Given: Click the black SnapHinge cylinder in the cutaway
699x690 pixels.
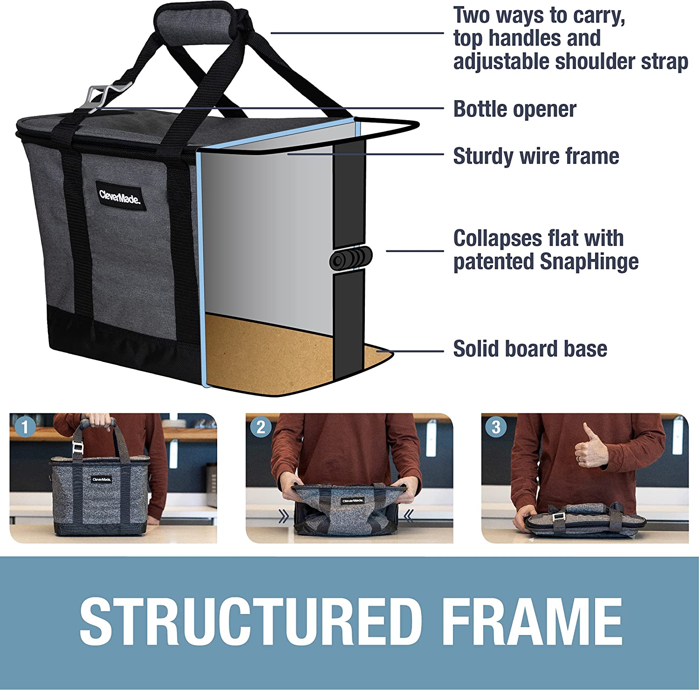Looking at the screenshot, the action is [x=351, y=258].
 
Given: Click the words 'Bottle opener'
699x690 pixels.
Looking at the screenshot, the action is [x=514, y=110].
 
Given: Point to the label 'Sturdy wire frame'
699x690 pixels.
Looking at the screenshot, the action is [x=536, y=156].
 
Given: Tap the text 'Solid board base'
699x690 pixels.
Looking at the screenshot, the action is [x=530, y=349].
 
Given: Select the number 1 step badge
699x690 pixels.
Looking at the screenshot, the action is [x=25, y=427].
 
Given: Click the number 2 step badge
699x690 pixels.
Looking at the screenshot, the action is [x=260, y=427].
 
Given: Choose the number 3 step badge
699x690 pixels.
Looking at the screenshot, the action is [x=496, y=427].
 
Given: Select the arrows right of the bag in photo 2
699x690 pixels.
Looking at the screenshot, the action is [x=409, y=516].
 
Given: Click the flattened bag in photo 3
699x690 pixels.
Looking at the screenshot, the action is [x=584, y=519].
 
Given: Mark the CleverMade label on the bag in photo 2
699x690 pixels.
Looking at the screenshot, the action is [x=352, y=501].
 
